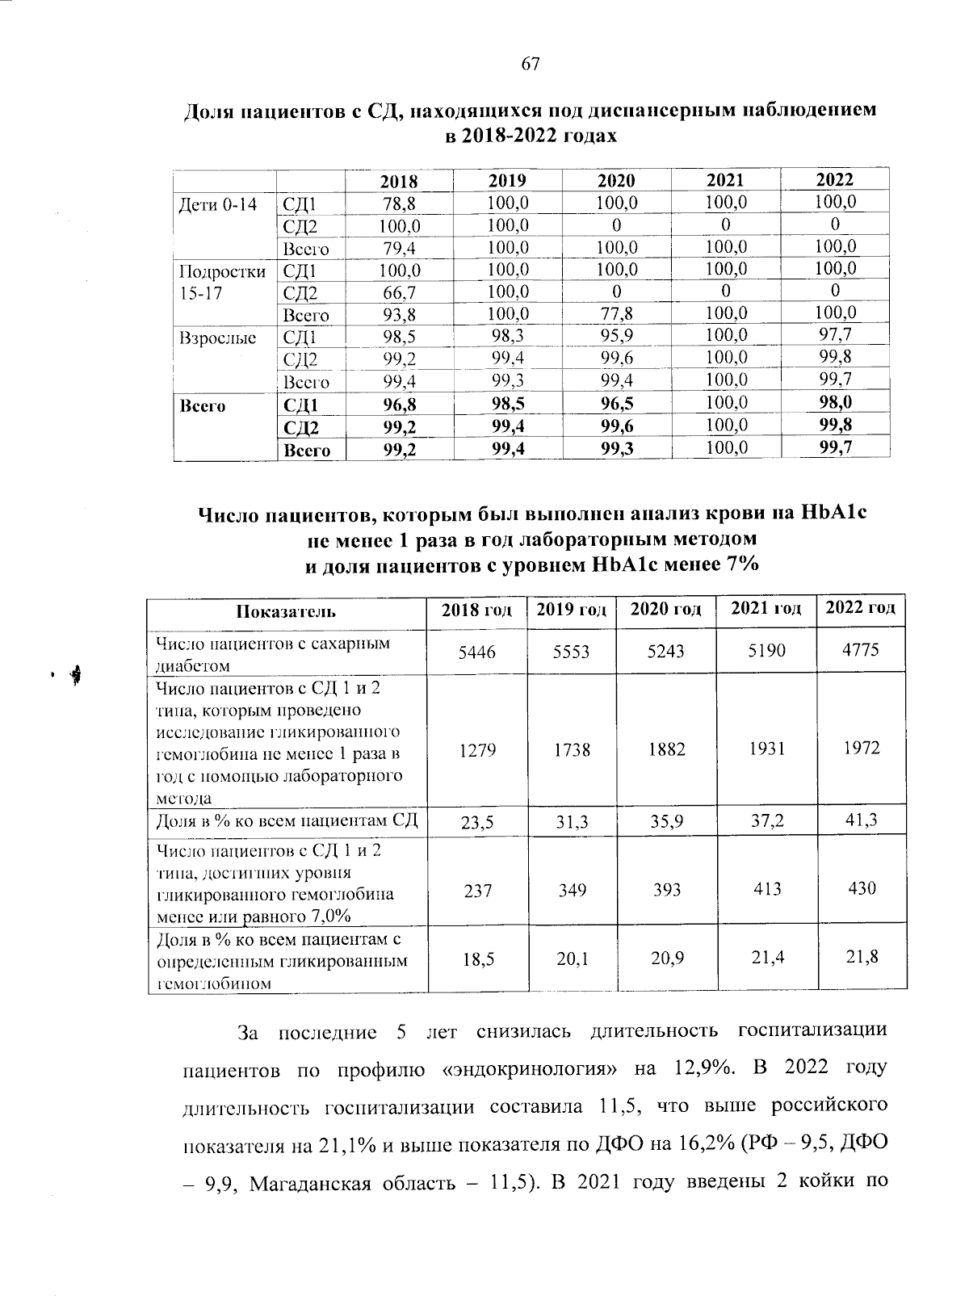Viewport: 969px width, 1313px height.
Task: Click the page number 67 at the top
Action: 530,65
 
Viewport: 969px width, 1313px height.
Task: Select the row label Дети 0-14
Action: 217,204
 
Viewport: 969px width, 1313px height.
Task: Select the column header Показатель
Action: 286,610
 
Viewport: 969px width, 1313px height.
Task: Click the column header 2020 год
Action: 665,609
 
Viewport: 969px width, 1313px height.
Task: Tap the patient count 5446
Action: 476,651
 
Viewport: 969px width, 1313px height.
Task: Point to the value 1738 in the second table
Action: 572,750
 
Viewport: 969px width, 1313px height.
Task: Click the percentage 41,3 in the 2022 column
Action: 861,821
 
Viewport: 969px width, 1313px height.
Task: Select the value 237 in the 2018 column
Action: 476,890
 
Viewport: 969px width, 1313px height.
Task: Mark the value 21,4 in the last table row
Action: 766,958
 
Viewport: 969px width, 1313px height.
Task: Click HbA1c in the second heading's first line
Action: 832,513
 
